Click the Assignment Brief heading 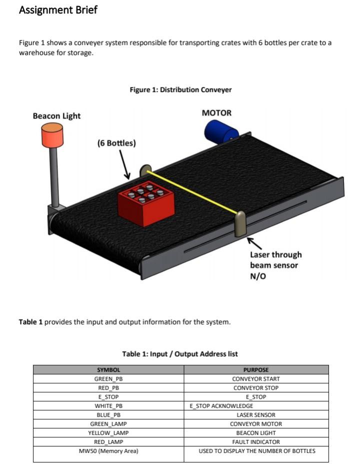coord(58,10)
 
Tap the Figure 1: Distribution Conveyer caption coord(180,90)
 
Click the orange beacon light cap coord(52,135)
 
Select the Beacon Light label coord(56,116)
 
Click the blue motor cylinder coord(220,131)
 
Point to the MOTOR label coord(216,113)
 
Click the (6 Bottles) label coord(116,143)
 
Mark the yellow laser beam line coord(192,192)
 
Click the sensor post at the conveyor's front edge coord(240,224)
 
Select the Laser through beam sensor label coord(275,265)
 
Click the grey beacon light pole coord(54,177)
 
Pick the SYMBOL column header coord(108,370)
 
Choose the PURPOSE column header coord(256,370)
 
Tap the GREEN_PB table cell coord(108,379)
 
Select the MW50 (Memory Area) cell coord(108,451)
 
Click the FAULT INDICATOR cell coord(256,442)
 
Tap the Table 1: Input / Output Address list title coord(180,354)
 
